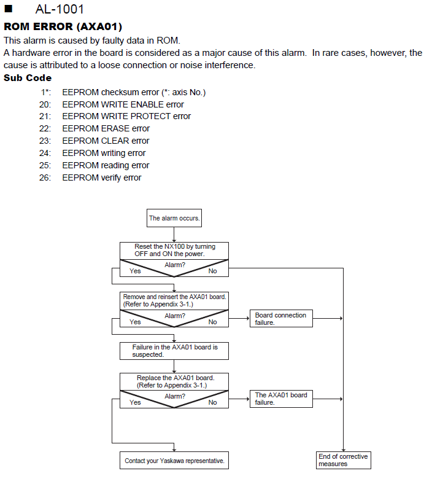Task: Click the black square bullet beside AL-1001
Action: coord(9,9)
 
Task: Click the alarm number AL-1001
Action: coord(60,9)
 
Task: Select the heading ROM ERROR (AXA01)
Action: coord(63,26)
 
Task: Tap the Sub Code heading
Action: coord(28,77)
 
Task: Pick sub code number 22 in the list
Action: coord(45,128)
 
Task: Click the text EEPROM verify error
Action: coord(102,177)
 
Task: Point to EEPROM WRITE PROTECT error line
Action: coord(126,116)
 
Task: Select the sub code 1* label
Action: coord(46,92)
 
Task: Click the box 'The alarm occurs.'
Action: coord(174,218)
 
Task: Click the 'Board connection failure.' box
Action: coord(281,319)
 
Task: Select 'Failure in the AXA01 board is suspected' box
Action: coord(174,351)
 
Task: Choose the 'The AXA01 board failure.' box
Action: coord(281,399)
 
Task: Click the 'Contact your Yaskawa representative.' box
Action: coord(174,461)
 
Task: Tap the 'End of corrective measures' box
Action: coord(343,461)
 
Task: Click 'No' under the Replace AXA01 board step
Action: coord(212,402)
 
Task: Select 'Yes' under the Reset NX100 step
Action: coord(135,271)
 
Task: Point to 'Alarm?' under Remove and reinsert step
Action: coord(175,316)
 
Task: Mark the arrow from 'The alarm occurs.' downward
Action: coord(174,235)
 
